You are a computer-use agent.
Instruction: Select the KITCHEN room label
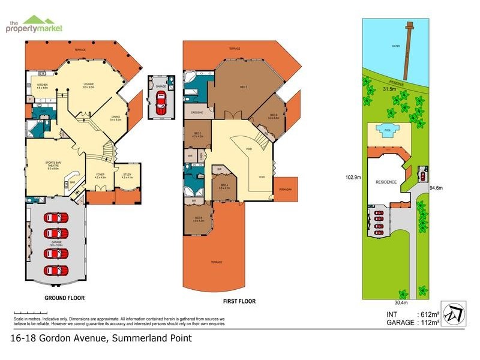[x=43, y=86]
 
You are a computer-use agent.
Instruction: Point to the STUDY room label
[x=127, y=175]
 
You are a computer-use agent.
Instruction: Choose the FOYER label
[x=100, y=175]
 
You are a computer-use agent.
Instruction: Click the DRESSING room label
[x=197, y=112]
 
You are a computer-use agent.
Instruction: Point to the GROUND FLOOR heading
[x=64, y=298]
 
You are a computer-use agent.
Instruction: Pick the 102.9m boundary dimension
[x=352, y=178]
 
